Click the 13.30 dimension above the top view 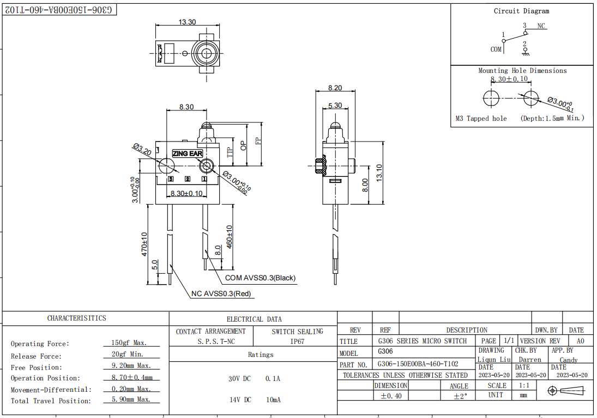[187, 22]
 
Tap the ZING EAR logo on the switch [187, 154]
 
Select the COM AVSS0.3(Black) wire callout [260, 278]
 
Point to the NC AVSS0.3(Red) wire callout [221, 294]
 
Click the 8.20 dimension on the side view [335, 88]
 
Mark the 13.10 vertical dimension [379, 173]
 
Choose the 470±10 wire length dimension [144, 244]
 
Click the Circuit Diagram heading [521, 11]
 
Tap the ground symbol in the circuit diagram [525, 53]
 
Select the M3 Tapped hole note [481, 118]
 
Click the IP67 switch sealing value [297, 342]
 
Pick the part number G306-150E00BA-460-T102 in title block [418, 364]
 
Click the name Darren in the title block [529, 360]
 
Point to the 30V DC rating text [239, 378]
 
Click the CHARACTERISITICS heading [76, 318]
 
